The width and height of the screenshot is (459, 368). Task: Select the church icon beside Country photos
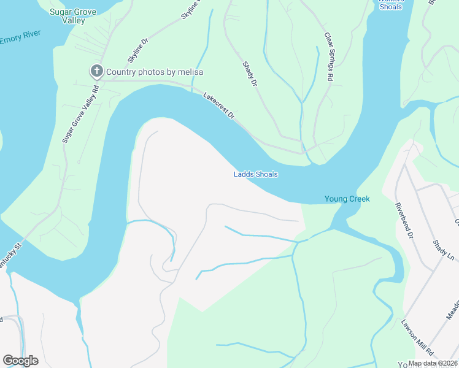96,72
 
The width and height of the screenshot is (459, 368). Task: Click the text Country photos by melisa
155,72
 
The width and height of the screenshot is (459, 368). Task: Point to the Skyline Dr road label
138,51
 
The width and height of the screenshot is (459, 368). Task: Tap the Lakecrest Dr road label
219,105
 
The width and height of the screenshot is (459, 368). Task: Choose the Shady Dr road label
249,74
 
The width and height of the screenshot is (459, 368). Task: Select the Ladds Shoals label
256,174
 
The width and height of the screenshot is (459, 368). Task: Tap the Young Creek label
347,199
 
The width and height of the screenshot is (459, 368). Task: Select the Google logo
20,361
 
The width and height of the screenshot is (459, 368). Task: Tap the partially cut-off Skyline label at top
192,11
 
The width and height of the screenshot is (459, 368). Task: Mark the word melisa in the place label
191,72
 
